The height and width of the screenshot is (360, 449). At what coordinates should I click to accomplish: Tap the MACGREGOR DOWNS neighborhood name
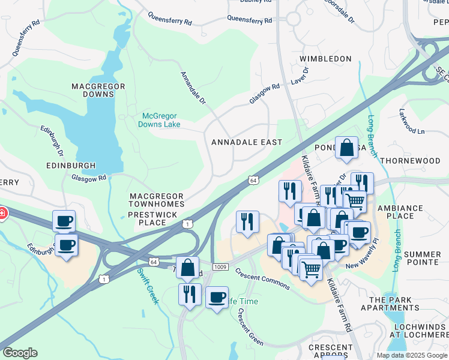point(98,90)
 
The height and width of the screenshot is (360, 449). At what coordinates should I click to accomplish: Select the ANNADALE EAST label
point(246,142)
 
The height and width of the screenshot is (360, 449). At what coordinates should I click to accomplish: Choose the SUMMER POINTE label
point(422,259)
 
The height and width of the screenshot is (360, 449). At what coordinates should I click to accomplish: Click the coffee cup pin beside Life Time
point(217,298)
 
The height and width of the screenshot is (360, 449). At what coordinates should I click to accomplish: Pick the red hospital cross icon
point(2,212)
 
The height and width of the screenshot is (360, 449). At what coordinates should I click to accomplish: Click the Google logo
point(20,353)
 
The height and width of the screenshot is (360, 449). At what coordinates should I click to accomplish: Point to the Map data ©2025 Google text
point(412,355)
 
